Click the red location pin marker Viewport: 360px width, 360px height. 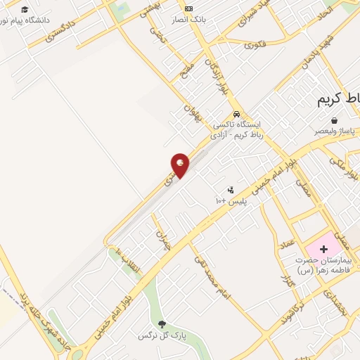coord(181,165)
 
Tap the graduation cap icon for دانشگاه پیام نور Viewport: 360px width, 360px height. coord(25,10)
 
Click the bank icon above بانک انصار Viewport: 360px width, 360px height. coord(188,8)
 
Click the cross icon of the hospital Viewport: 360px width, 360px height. coord(323,249)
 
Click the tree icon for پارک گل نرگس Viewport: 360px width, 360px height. coord(163,324)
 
